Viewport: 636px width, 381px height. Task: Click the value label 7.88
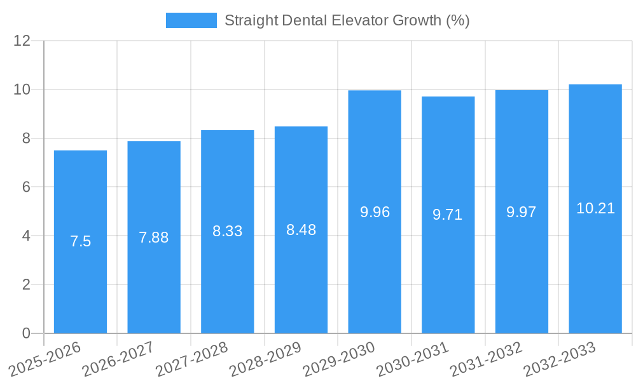154,237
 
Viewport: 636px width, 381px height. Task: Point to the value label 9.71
448,215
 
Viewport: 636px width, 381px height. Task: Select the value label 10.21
595,208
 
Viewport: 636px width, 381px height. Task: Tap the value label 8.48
301,230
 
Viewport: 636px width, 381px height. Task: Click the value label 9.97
522,212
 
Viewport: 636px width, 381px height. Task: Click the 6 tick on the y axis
26,187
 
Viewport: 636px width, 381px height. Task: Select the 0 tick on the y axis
26,333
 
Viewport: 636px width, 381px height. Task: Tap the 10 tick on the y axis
22,90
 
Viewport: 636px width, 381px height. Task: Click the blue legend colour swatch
191,20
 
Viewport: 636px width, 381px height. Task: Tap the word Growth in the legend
418,20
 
